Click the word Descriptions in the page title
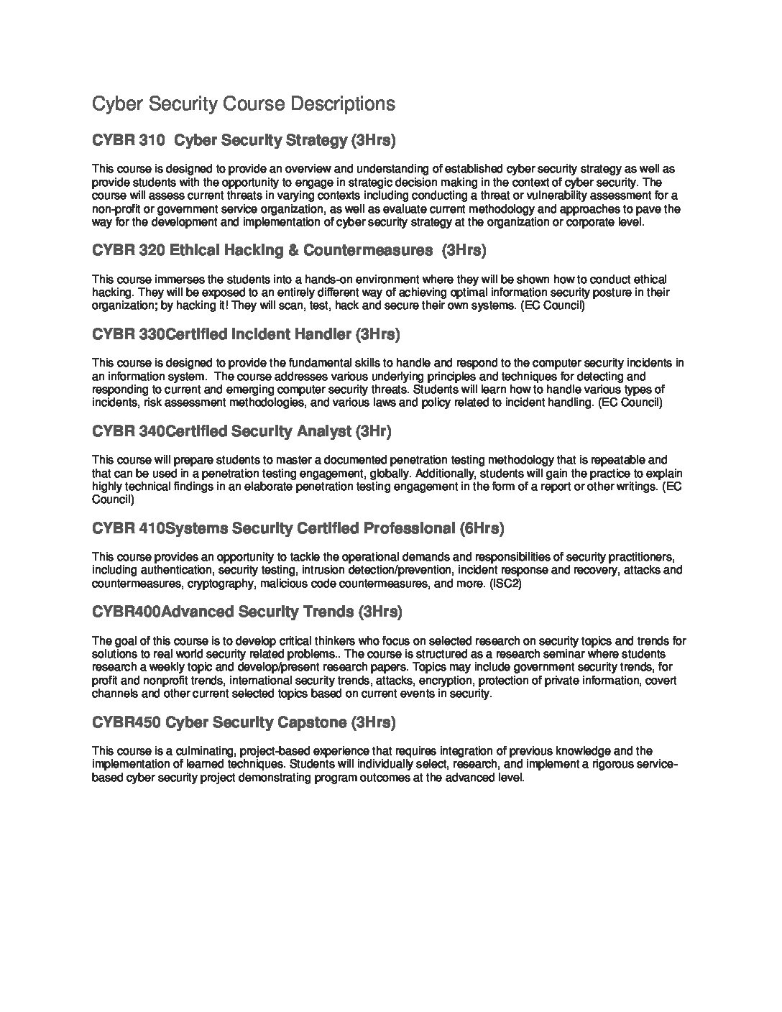click(x=341, y=104)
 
